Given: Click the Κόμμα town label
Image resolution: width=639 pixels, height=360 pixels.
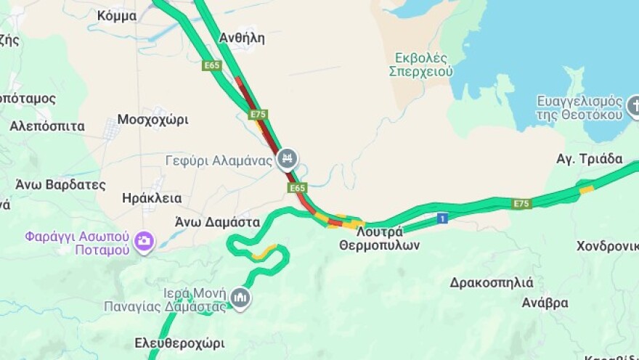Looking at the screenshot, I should pyautogui.click(x=116, y=15).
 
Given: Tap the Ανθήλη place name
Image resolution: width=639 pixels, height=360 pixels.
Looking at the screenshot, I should pyautogui.click(x=242, y=38).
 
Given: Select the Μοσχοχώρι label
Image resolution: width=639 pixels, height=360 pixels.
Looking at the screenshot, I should pyautogui.click(x=152, y=119).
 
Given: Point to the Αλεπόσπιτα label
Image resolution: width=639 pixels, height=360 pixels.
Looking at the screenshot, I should pyautogui.click(x=46, y=126).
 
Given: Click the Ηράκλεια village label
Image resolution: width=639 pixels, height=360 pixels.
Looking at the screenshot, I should pyautogui.click(x=152, y=198).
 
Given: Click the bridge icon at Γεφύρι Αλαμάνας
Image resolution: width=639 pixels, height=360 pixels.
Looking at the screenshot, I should pyautogui.click(x=288, y=158).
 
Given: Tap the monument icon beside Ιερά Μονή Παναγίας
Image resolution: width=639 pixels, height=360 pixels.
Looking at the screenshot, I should pyautogui.click(x=240, y=298).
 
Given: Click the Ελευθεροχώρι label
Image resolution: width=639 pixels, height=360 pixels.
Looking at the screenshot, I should pyautogui.click(x=179, y=343).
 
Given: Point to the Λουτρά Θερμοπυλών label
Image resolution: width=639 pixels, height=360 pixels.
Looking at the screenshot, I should pyautogui.click(x=379, y=239).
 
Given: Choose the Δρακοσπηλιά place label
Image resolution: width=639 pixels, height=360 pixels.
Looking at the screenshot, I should pyautogui.click(x=492, y=282).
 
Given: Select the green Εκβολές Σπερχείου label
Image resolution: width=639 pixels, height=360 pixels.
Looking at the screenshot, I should pyautogui.click(x=420, y=64).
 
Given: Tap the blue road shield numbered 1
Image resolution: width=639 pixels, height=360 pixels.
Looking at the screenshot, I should pyautogui.click(x=441, y=218).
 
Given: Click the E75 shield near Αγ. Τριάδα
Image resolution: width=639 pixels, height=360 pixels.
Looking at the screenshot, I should pyautogui.click(x=521, y=204).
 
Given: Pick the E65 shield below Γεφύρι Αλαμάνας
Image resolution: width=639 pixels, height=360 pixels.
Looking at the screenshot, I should pyautogui.click(x=298, y=188).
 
